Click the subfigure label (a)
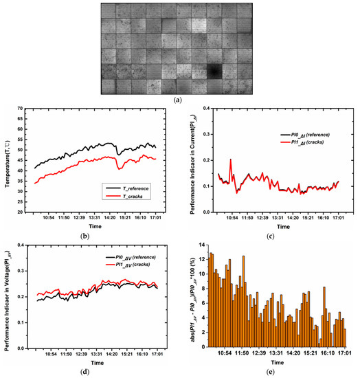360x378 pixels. (x=180, y=100)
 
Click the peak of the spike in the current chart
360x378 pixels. (x=231, y=159)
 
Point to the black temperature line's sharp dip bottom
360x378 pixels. (x=119, y=155)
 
